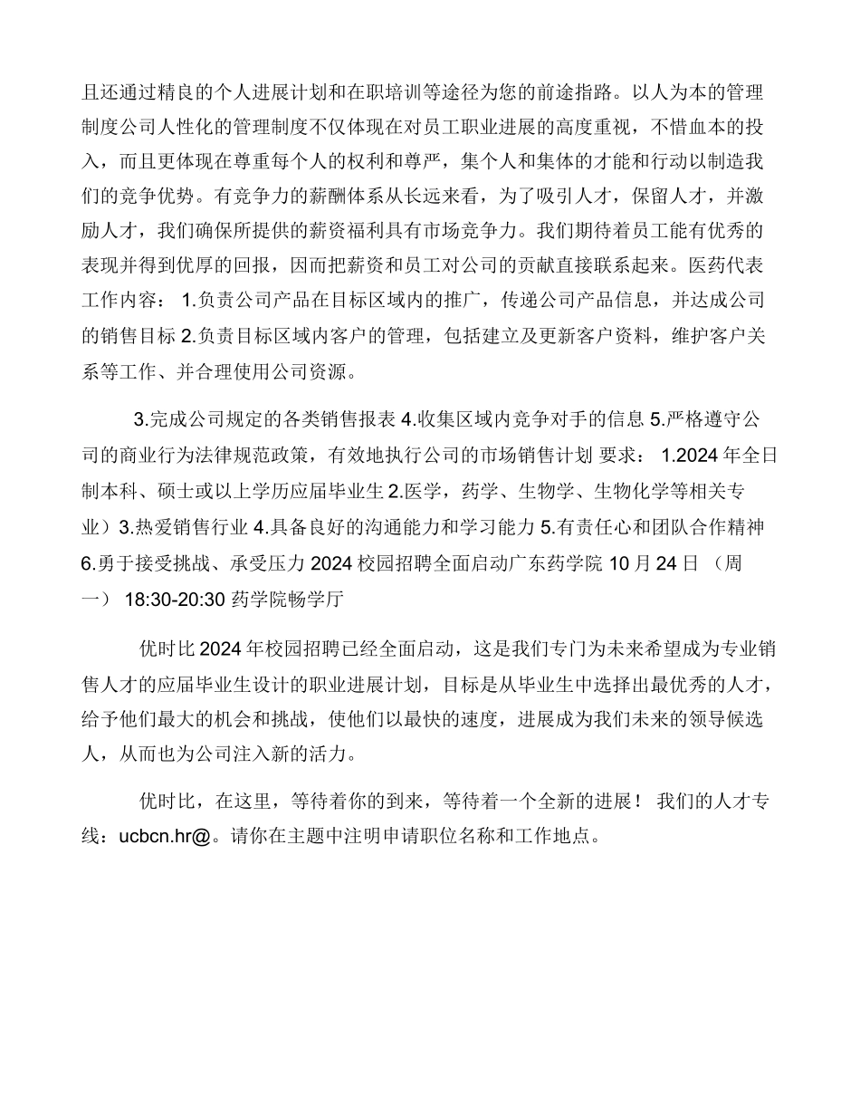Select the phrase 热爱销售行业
(x=190, y=526)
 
